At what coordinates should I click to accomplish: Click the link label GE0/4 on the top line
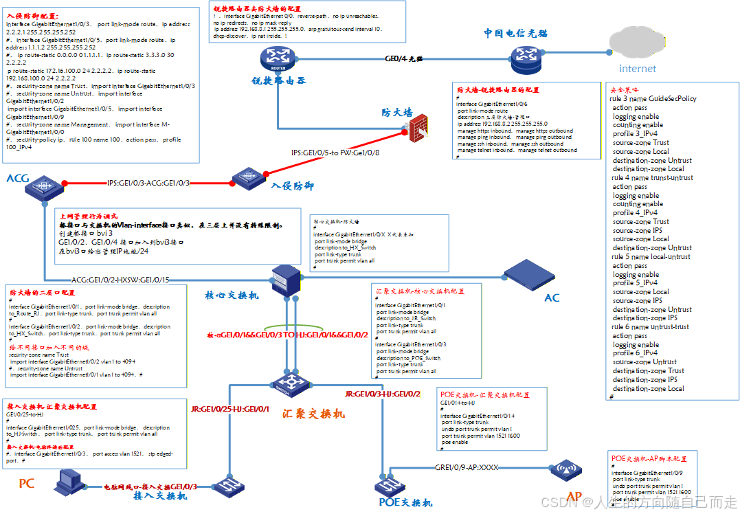pyautogui.click(x=404, y=60)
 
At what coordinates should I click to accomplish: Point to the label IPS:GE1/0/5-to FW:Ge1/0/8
pyautogui.click(x=335, y=153)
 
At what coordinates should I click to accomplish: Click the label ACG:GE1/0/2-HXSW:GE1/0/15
pyautogui.click(x=120, y=280)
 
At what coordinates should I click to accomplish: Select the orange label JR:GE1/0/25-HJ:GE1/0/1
pyautogui.click(x=230, y=410)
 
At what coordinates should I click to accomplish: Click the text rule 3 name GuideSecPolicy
pyautogui.click(x=653, y=99)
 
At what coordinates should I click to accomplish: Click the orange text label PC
pyautogui.click(x=26, y=484)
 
